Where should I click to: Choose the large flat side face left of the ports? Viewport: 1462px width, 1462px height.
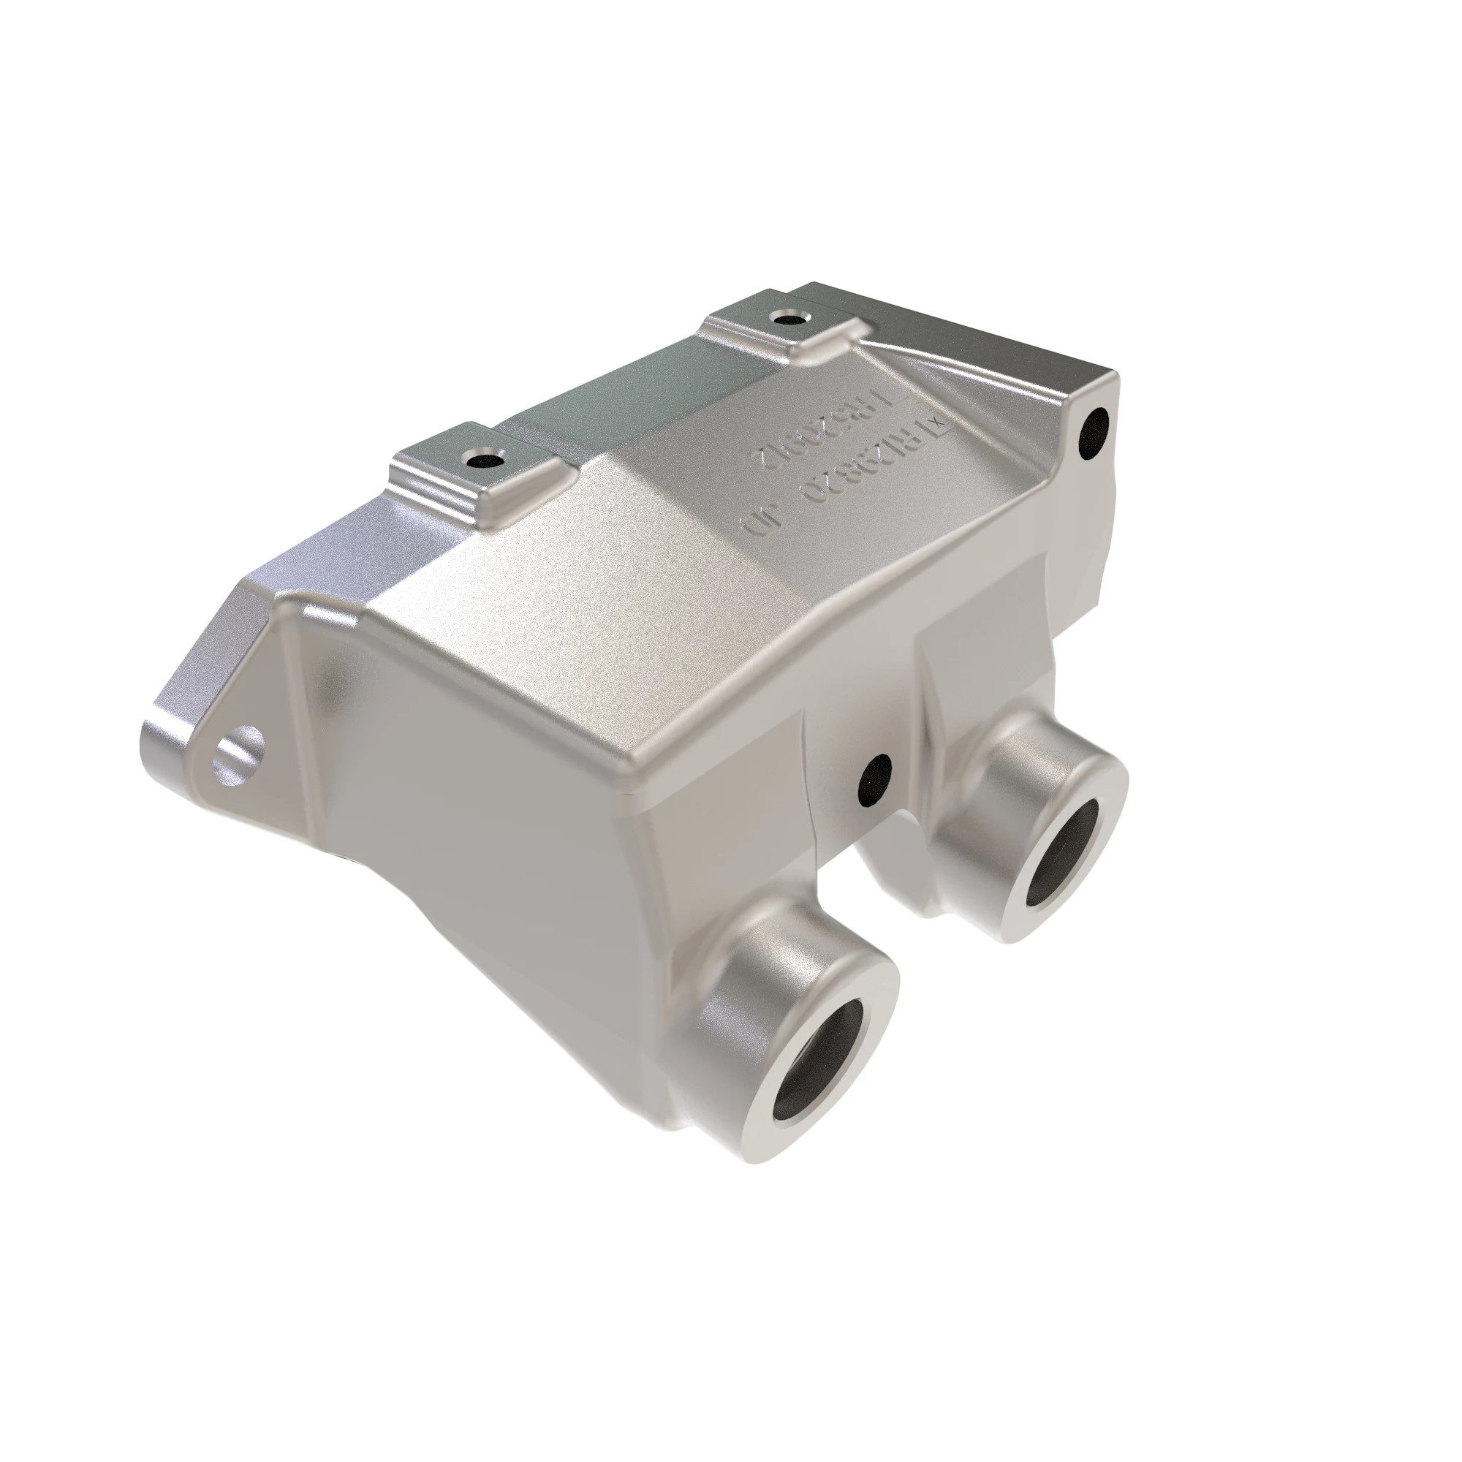tap(485, 795)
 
